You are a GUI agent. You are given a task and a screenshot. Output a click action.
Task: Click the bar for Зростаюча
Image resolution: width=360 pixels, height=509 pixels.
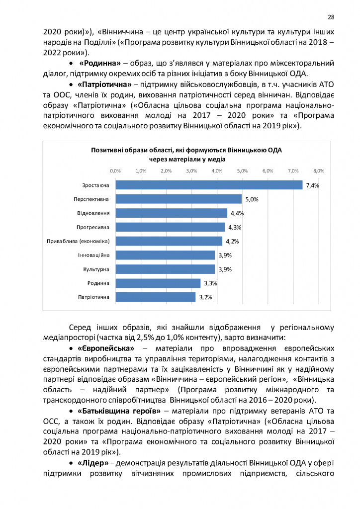209,185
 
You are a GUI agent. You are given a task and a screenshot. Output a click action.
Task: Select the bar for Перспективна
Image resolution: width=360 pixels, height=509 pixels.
179,199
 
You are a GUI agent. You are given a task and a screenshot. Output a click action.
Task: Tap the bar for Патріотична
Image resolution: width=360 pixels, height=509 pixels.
156,297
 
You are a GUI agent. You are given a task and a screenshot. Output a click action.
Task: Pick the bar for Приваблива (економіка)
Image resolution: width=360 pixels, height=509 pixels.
169,241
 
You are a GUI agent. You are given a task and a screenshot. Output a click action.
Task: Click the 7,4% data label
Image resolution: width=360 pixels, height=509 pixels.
312,185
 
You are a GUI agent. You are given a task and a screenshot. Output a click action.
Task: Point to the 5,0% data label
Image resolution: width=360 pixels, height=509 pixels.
252,199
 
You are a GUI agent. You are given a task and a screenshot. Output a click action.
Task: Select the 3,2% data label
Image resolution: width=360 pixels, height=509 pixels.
206,297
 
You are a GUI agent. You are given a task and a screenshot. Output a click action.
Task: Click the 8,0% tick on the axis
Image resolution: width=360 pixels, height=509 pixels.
318,170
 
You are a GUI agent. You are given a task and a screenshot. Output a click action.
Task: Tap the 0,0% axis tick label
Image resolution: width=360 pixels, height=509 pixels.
115,170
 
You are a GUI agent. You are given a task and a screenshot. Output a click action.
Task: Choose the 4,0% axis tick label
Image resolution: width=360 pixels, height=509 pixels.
217,170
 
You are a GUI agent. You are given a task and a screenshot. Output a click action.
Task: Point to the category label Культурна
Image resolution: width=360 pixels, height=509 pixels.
96,269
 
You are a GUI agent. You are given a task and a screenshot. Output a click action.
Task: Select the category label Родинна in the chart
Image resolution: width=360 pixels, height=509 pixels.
99,283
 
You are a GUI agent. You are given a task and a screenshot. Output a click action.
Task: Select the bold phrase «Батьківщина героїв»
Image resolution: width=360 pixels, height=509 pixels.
119,411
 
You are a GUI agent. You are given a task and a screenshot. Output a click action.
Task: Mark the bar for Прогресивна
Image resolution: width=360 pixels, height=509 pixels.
170,227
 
